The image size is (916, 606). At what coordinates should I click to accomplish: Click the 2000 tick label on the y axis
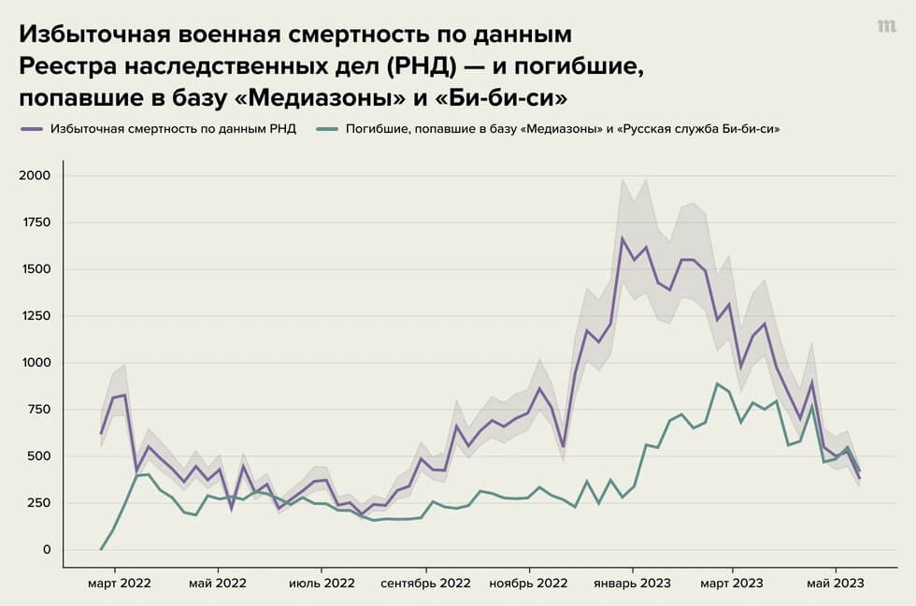(x=36, y=176)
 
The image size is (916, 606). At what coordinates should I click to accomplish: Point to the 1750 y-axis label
(x=36, y=223)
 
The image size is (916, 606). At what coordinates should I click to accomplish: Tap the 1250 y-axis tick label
(x=36, y=316)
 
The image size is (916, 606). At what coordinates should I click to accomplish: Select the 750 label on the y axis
(x=39, y=410)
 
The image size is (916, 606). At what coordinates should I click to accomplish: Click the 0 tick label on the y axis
(x=46, y=550)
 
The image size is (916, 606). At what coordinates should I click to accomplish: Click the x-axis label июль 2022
(x=322, y=583)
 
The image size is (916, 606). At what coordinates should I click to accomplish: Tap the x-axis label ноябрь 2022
(x=529, y=583)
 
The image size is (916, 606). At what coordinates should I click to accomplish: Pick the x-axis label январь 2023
(x=632, y=583)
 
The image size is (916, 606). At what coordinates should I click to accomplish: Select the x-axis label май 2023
(x=835, y=583)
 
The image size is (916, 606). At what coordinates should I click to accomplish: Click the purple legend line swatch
(x=33, y=129)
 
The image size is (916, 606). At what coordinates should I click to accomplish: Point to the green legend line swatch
(x=327, y=129)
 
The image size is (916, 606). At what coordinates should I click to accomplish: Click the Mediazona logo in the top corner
(x=886, y=27)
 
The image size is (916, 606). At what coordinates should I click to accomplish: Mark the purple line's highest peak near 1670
(x=622, y=238)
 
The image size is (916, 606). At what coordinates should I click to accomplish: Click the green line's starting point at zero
(x=101, y=549)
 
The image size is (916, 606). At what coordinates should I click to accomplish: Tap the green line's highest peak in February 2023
(x=717, y=383)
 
